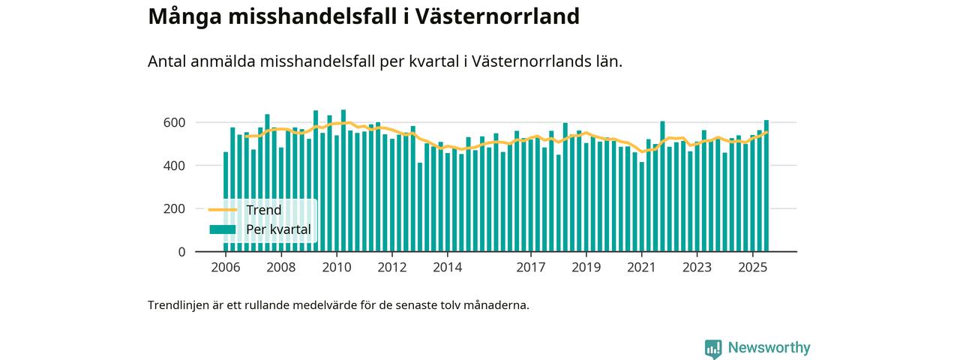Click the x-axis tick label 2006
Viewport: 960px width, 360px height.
point(225,267)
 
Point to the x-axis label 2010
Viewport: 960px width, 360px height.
point(336,267)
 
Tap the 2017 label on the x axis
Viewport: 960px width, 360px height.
point(531,267)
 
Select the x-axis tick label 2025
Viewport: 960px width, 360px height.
point(752,267)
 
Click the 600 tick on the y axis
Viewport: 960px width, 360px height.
point(174,122)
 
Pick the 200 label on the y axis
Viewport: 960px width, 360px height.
point(174,208)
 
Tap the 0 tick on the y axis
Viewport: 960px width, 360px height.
point(181,252)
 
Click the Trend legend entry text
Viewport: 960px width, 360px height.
point(263,210)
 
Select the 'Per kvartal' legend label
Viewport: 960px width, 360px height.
point(278,229)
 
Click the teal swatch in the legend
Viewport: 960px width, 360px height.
point(222,229)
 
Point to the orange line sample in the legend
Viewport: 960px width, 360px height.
point(222,210)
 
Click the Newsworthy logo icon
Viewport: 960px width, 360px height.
point(713,348)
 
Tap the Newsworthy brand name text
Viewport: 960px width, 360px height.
point(769,348)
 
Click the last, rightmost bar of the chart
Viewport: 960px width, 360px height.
point(766,187)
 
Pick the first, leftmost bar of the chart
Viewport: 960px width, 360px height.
point(226,202)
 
